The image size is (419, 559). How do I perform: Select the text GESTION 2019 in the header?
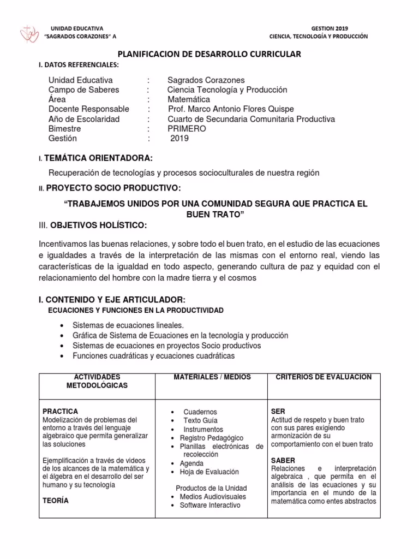pos(329,28)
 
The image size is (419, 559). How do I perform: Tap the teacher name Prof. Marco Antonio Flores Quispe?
pos(231,109)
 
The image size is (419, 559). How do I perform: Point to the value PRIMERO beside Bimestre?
pos(187,129)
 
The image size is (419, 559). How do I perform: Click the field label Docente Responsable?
pos(89,109)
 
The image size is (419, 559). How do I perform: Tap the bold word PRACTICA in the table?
pos(60,411)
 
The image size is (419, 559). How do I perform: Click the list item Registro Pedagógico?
pos(212,438)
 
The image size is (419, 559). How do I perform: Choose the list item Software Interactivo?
pos(209,505)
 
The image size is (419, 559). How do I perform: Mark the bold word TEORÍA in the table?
pos(55,501)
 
